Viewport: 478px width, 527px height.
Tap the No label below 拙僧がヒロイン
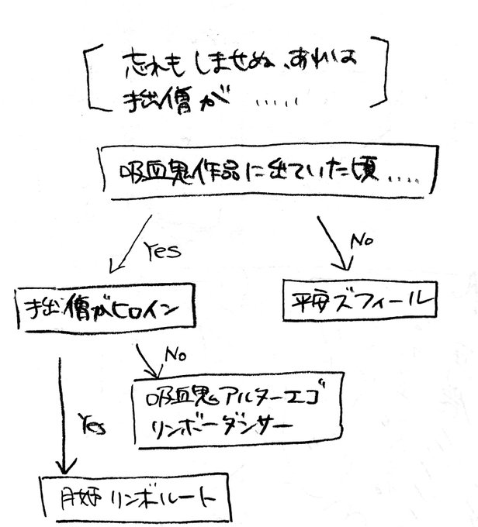pos(174,356)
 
